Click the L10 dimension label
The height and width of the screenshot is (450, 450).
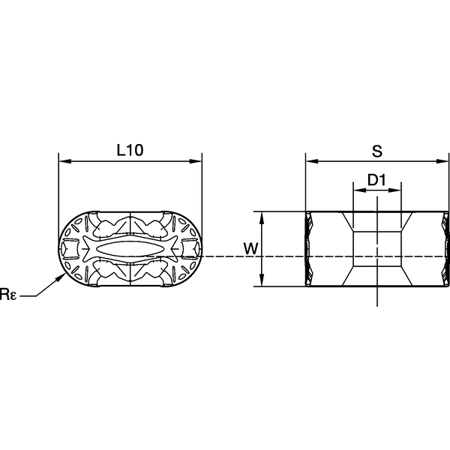130,150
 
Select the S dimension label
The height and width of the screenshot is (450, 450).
377,150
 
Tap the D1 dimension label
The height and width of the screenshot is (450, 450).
376,180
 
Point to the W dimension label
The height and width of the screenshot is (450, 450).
250,248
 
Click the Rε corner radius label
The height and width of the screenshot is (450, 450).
8,295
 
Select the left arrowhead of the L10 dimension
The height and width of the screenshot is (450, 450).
63,161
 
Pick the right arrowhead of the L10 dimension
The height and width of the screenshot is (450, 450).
197,161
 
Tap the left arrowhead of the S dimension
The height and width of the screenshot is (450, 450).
310,161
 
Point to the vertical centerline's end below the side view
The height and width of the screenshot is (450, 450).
376,304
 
